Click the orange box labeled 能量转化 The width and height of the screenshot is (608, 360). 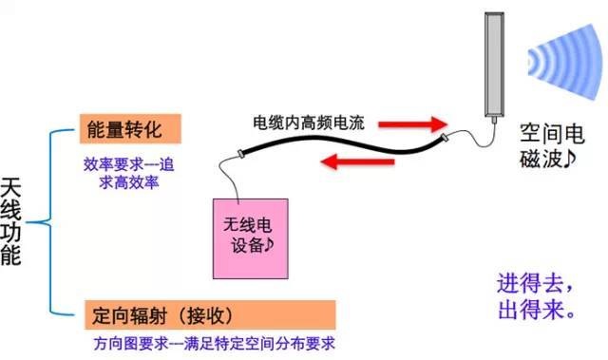pyautogui.click(x=130, y=129)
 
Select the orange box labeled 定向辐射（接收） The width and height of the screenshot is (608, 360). pyautogui.click(x=210, y=314)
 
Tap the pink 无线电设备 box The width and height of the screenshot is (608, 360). pyautogui.click(x=251, y=238)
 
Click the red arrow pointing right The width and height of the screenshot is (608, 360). pyautogui.click(x=413, y=124)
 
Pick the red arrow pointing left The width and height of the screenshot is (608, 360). pyautogui.click(x=357, y=161)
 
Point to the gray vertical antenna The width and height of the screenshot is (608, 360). pyautogui.click(x=494, y=65)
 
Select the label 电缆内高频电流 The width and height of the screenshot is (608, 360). pyautogui.click(x=309, y=123)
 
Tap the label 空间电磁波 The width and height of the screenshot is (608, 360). pyautogui.click(x=551, y=145)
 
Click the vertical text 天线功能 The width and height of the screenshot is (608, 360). pyautogui.click(x=10, y=221)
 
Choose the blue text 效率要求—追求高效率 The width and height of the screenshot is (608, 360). pyautogui.click(x=129, y=173)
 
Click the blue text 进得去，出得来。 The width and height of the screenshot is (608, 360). pyautogui.click(x=536, y=296)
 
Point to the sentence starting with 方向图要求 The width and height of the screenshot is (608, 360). pyautogui.click(x=214, y=343)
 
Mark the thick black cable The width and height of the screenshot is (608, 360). pyautogui.click(x=341, y=142)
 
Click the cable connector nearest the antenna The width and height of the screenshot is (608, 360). pyautogui.click(x=445, y=137)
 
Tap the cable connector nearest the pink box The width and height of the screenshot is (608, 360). pyautogui.click(x=240, y=154)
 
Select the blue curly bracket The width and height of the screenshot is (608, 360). pyautogui.click(x=50, y=222)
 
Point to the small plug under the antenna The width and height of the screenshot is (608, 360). pyautogui.click(x=494, y=120)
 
